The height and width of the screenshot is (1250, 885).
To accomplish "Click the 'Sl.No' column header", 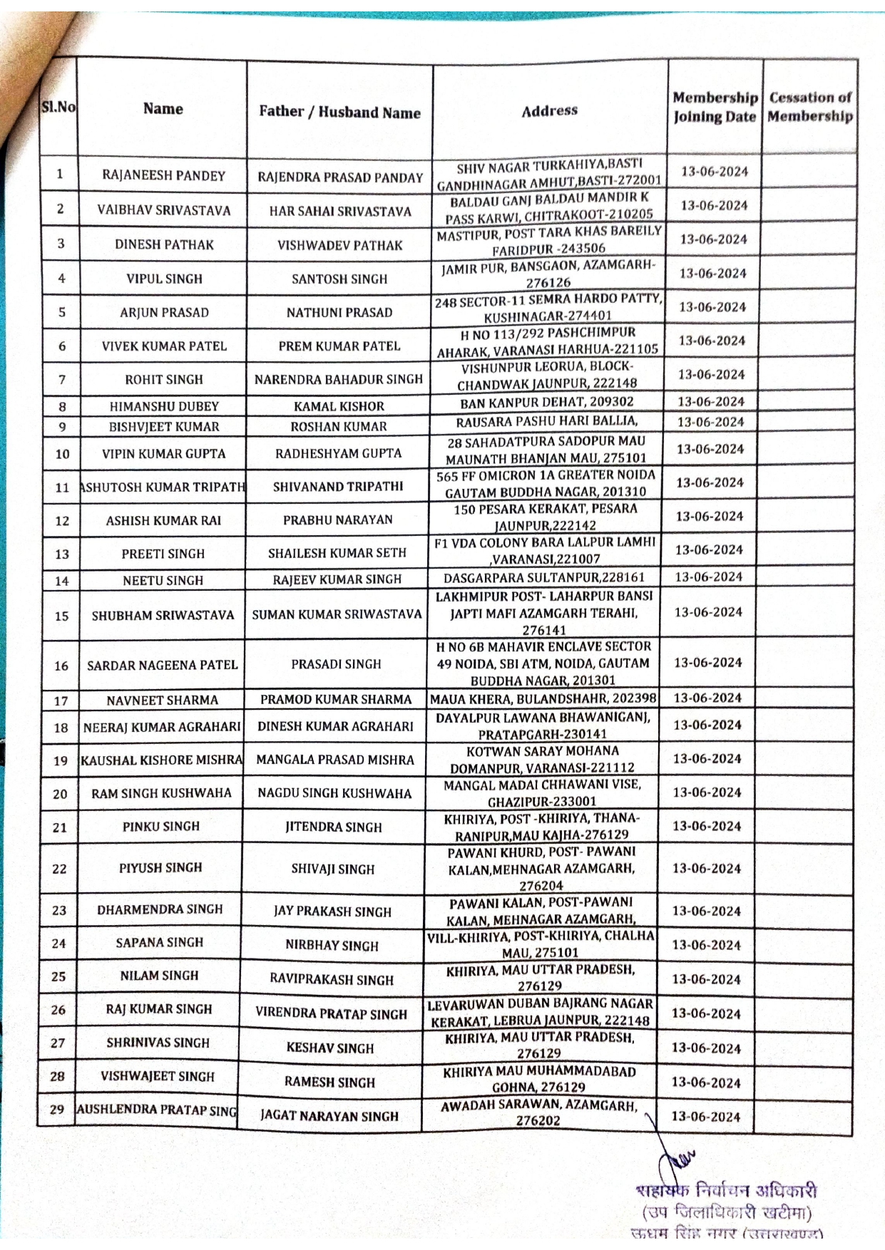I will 58,108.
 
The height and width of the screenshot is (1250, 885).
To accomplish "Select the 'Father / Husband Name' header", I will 339,112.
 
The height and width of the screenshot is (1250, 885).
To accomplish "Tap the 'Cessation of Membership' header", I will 810,108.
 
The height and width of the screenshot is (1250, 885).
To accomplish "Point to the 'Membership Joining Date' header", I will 715,108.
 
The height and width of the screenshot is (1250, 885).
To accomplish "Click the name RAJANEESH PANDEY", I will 163,176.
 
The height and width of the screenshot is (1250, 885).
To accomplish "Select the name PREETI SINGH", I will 163,554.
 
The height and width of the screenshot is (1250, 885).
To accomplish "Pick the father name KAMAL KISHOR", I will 339,406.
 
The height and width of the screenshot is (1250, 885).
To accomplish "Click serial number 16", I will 61,666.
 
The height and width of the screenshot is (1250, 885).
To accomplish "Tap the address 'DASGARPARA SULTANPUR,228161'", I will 544,578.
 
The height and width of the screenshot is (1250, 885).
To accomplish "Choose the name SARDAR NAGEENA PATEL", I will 162,665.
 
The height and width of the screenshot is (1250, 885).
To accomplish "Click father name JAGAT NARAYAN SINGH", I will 329,1116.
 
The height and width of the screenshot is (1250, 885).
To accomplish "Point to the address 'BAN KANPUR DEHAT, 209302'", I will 547,402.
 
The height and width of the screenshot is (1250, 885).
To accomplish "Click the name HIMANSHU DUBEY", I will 164,406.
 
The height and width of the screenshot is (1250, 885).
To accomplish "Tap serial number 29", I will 57,1110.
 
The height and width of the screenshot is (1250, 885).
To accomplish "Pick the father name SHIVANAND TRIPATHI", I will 338,487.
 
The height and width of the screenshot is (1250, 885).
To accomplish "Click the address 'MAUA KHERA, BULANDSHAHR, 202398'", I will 543,698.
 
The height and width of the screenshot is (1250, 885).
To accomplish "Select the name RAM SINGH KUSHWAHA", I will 161,793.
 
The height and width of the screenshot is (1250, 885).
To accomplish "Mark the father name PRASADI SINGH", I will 336,664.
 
